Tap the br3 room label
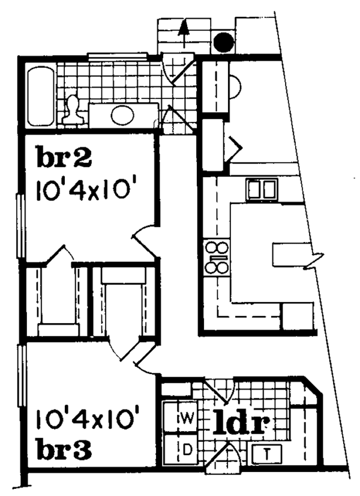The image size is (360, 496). (63, 450)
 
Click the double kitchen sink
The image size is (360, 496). (261, 190)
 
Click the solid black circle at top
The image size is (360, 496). (224, 41)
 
